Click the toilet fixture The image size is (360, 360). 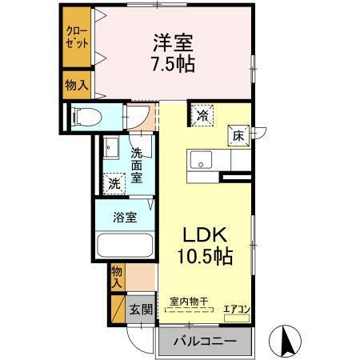click(x=89, y=118)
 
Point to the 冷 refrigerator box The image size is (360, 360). click(x=202, y=115)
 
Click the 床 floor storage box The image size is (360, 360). click(x=238, y=136)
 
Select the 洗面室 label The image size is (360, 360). click(x=137, y=165)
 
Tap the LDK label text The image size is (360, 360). click(x=206, y=236)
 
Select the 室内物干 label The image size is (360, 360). click(x=189, y=302)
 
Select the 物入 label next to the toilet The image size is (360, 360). click(x=78, y=83)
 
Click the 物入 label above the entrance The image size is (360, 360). click(x=116, y=277)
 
